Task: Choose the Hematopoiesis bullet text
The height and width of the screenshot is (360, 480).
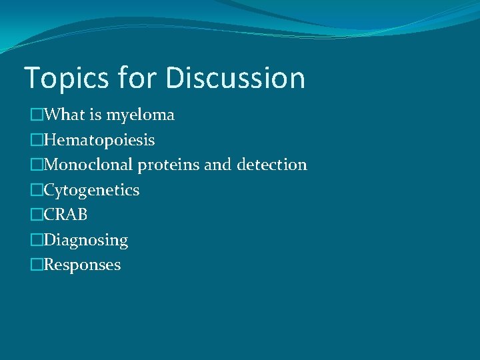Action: point(99,140)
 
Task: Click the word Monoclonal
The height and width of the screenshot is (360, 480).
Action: point(89,165)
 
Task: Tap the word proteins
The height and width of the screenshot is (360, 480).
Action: point(169,165)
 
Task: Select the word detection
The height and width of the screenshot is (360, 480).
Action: point(271,165)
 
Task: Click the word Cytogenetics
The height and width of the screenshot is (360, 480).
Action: point(92,190)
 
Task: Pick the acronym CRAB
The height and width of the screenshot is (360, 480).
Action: point(65,215)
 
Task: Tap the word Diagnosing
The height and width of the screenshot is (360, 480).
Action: point(86,240)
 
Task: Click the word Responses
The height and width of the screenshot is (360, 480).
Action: point(83,265)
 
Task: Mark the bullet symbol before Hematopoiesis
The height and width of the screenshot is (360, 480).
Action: point(37,140)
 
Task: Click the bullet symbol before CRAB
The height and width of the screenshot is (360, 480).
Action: point(37,215)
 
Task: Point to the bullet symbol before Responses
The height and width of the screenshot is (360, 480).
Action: point(37,265)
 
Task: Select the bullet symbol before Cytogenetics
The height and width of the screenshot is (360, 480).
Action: point(37,190)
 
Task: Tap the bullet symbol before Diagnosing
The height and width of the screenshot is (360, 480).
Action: point(37,240)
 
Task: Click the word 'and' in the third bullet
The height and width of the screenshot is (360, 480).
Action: point(217,165)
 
